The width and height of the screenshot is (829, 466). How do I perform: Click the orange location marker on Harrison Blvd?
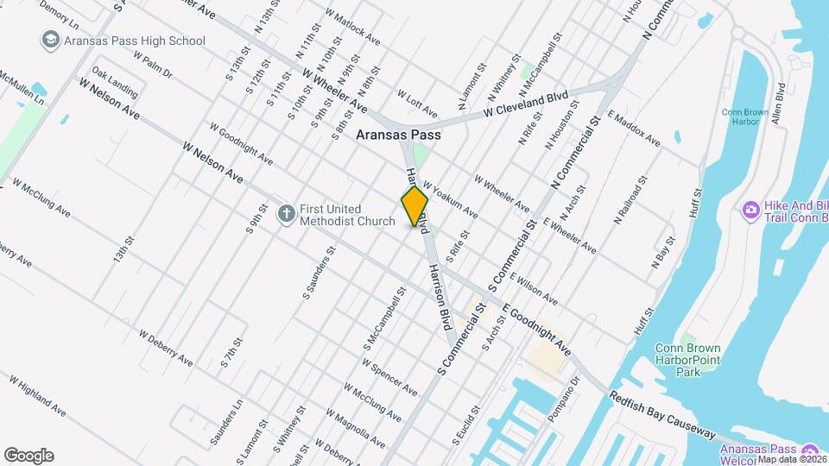(414, 206)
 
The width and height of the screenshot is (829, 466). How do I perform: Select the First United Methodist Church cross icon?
(286, 212)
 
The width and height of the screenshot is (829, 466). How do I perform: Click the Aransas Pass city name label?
(398, 135)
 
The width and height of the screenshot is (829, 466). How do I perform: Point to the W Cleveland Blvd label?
(525, 102)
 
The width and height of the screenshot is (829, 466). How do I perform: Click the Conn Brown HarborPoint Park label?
(687, 360)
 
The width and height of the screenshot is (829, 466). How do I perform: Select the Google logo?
(28, 455)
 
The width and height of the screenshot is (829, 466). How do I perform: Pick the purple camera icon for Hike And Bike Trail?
(750, 209)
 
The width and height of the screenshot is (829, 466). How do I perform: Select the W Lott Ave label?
(417, 104)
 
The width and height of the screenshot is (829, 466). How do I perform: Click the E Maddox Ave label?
(634, 129)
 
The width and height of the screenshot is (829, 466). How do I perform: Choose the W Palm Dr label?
(154, 62)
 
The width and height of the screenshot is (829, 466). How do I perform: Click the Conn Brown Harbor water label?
(740, 116)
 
